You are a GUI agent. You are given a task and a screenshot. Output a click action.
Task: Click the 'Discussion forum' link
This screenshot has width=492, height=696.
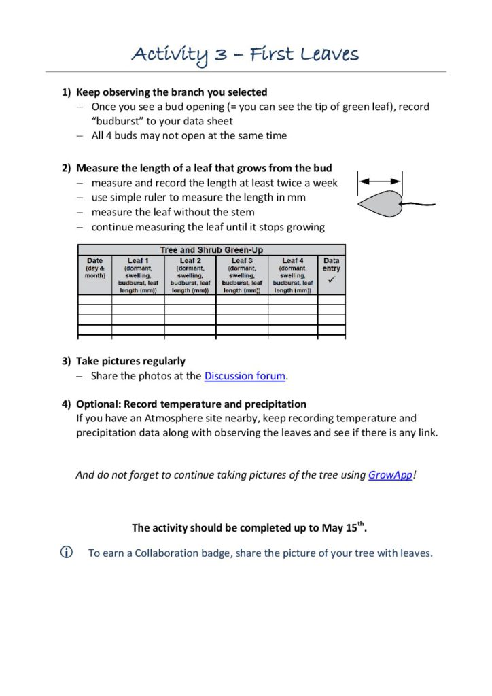pos(245,376)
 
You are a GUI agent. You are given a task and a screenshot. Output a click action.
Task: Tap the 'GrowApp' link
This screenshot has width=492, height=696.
pos(390,475)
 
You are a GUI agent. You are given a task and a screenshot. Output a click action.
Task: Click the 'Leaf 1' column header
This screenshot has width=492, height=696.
pos(138,260)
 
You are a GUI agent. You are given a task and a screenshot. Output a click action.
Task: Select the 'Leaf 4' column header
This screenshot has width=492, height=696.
pos(293,260)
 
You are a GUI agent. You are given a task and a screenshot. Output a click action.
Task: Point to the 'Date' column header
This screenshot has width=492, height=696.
pos(95,260)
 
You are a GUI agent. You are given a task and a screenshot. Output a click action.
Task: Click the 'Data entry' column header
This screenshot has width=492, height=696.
pos(332,264)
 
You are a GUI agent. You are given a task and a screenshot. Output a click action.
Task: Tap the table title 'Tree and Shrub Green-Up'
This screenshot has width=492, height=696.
pos(211,250)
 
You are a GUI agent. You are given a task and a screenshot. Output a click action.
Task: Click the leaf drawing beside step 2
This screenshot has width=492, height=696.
pos(381,204)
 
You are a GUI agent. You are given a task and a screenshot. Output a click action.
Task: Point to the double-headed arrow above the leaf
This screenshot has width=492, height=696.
pos(380,181)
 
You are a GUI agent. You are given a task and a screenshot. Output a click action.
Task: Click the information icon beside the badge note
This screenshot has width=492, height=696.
pos(67,553)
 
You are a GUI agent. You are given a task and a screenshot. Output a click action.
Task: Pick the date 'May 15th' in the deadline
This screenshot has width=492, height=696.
pos(342,527)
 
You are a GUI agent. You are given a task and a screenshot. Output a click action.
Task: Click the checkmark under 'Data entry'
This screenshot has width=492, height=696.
pos(332,279)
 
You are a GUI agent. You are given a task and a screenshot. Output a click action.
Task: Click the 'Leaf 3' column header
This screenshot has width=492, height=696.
pos(242,260)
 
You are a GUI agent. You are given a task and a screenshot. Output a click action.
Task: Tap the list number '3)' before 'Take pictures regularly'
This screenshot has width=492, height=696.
pos(67,361)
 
